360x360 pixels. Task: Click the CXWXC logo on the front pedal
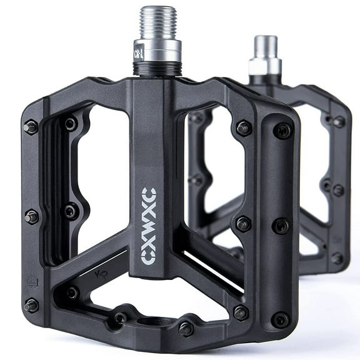149,225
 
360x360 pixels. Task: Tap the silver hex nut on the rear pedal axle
265,66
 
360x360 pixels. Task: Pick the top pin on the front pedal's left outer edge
29,127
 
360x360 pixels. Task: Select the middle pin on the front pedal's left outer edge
30,217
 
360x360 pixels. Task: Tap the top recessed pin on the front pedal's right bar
282,131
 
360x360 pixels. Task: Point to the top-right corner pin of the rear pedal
339,122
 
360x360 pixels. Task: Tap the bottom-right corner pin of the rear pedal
337,257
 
